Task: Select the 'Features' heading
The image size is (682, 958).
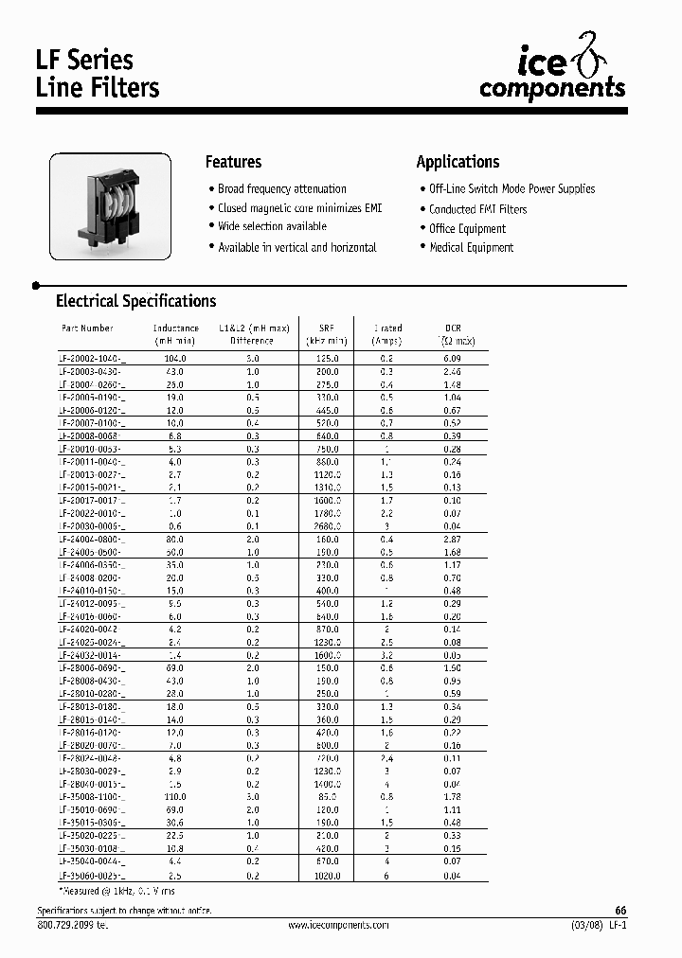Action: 233,162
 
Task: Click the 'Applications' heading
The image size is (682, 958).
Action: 458,162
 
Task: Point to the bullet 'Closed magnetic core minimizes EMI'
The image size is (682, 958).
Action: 299,208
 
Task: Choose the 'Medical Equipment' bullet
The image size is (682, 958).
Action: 471,248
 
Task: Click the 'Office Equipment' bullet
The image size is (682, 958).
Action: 467,229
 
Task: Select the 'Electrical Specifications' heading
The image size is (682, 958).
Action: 135,301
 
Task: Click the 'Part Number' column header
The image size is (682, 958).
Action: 87,328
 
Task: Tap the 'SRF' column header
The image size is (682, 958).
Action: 326,328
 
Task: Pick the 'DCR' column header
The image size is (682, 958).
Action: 452,328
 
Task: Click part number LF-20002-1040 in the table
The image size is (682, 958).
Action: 92,360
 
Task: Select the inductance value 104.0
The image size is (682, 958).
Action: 175,360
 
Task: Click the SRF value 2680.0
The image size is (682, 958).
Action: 326,525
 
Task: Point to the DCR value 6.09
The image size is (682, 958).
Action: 452,360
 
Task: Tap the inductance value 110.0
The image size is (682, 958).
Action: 175,797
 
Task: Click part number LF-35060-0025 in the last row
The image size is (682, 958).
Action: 92,877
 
